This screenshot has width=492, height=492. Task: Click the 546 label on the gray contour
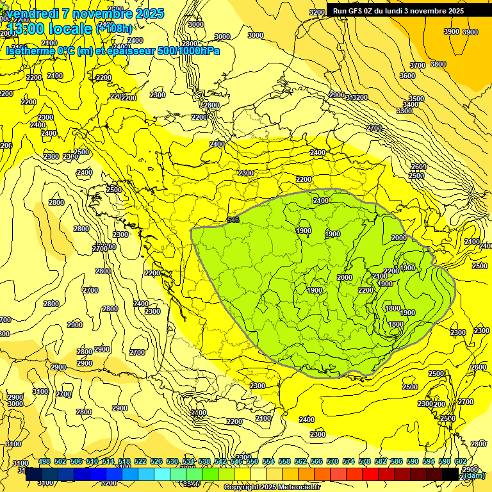(234, 220)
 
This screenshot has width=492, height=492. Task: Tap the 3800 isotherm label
(438, 64)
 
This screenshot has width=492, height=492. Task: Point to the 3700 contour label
(418, 65)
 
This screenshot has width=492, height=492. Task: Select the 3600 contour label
(407, 76)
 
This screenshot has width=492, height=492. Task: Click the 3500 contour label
(416, 99)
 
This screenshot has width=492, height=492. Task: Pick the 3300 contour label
(404, 111)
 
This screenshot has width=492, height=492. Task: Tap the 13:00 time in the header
(26, 29)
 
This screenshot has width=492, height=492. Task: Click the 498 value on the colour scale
(44, 461)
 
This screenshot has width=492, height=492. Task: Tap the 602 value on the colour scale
(461, 461)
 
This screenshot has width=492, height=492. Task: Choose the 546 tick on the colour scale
(236, 461)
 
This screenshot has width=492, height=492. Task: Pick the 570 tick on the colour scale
(332, 461)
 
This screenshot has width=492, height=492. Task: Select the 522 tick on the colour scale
(140, 461)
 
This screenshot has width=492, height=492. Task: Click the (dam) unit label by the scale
(475, 475)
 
